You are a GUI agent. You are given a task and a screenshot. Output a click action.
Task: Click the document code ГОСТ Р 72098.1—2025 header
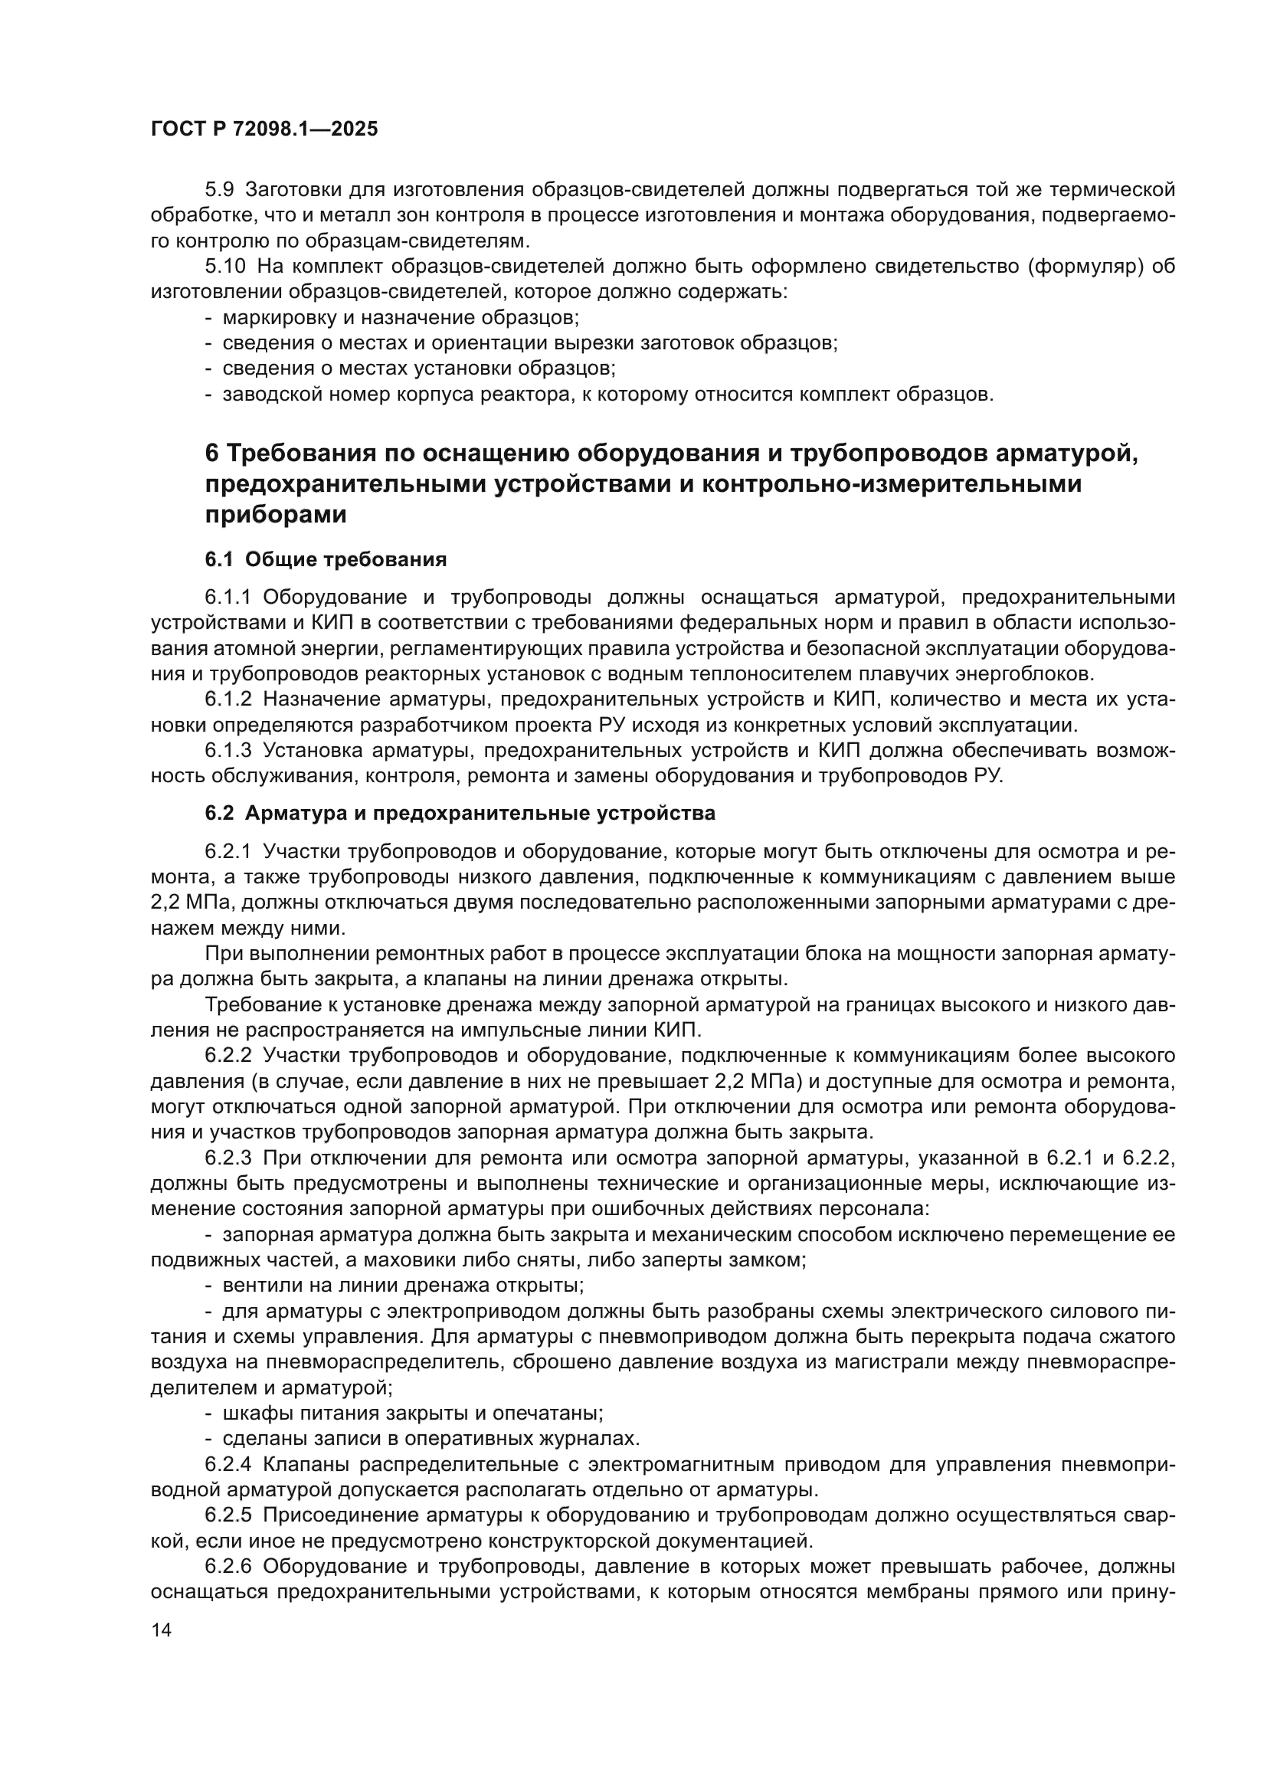(264, 129)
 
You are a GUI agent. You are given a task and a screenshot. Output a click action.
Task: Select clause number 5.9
(219, 190)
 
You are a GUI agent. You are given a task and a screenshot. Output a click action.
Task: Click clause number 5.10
(224, 266)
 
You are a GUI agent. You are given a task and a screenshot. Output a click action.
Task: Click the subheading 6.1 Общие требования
(326, 559)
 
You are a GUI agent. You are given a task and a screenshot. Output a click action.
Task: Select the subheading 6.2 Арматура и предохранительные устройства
(460, 814)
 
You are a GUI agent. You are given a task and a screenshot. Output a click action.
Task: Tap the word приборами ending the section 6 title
(276, 516)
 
